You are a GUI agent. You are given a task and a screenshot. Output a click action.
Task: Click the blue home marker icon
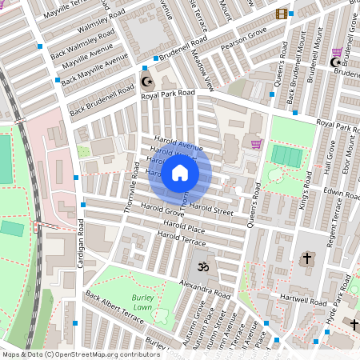point(180,173)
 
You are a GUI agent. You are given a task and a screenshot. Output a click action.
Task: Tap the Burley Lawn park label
point(142,302)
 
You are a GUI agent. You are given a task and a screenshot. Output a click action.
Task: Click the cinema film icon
point(281,14)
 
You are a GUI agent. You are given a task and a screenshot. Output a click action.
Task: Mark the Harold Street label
point(212,211)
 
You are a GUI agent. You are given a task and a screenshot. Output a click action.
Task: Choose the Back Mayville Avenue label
point(94,70)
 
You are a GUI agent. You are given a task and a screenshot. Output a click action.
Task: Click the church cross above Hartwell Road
point(307,258)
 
